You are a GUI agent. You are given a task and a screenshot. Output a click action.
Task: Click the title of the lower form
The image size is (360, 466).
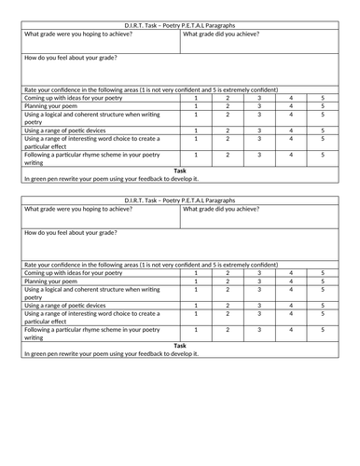pyautogui.click(x=180, y=200)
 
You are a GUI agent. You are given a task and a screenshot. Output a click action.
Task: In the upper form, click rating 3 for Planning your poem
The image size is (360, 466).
pyautogui.click(x=259, y=106)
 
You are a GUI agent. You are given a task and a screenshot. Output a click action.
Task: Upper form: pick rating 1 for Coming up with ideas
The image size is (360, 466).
pyautogui.click(x=196, y=98)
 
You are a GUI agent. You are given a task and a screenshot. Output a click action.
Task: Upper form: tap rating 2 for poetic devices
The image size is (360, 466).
pyautogui.click(x=228, y=130)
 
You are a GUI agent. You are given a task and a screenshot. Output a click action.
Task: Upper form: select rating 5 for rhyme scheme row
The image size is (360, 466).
pyautogui.click(x=322, y=155)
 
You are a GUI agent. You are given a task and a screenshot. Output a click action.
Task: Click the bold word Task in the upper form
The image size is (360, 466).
pyautogui.click(x=180, y=171)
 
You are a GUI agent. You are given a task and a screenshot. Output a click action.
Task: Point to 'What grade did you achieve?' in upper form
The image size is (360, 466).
pyautogui.click(x=221, y=34)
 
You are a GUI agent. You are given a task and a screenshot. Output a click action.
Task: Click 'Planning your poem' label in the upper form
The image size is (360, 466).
pyautogui.click(x=52, y=106)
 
